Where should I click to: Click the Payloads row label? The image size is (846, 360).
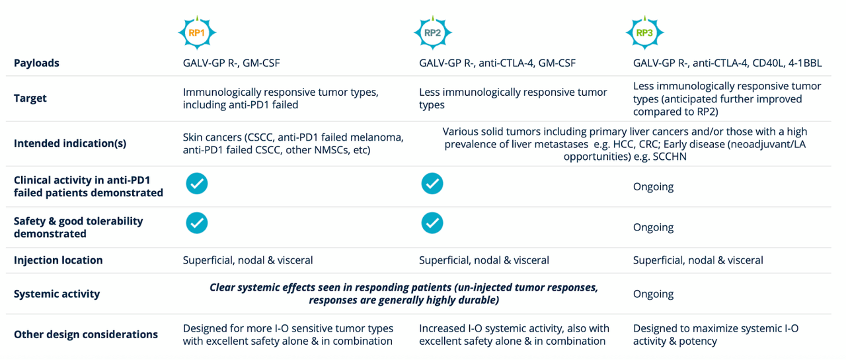pos(36,63)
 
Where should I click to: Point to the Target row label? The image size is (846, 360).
pos(30,98)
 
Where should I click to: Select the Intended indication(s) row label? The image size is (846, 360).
pos(69,143)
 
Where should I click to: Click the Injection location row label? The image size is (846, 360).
pos(58,260)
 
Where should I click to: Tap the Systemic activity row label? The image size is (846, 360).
pos(57,294)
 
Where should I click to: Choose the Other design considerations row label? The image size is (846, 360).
pos(86,334)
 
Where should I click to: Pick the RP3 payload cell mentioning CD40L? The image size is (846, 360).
pos(726,63)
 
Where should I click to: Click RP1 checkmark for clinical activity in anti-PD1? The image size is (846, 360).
pos(196,184)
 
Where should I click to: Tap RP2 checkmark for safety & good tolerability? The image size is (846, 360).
pos(432,223)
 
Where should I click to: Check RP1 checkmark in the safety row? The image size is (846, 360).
pos(196,223)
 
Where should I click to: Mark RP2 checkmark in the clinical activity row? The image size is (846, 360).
pos(432,184)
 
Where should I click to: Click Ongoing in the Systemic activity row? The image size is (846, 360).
pos(653,294)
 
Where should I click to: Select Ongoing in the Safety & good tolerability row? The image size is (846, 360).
pos(653,227)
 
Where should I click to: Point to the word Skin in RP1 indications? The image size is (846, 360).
pos(194,137)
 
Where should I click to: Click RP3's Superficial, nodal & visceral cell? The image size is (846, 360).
pos(698,260)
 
